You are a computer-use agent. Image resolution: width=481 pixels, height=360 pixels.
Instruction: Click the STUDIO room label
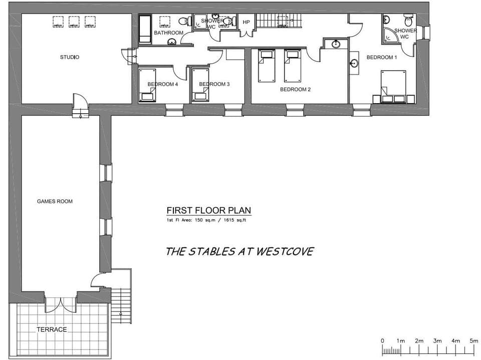[x=70, y=57]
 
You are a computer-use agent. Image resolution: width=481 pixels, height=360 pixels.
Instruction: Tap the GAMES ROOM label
[x=55, y=201]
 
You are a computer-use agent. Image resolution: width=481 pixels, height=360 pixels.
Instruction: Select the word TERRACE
[x=51, y=329]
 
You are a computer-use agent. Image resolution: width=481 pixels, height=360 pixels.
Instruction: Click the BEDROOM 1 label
[x=382, y=57]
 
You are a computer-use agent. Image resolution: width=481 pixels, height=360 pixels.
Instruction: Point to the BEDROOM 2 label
[x=295, y=90]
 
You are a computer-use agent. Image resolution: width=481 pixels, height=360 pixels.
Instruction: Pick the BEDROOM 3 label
[x=214, y=84]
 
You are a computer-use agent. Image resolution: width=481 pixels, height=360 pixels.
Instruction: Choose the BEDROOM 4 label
[x=162, y=84]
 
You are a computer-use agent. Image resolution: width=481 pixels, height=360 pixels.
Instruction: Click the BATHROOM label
[x=168, y=33]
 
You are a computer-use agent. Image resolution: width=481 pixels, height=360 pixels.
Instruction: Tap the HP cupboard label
[x=246, y=23]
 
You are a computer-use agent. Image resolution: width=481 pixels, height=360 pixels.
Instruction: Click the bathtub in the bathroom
[x=145, y=30]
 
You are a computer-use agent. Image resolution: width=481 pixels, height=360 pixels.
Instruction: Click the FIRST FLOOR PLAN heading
[x=209, y=211]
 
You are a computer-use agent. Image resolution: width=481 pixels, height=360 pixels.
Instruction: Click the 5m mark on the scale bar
[x=474, y=341]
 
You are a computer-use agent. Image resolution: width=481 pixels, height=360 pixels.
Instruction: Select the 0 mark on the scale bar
[x=382, y=341]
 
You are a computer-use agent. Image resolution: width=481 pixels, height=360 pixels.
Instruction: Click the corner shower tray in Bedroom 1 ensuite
[x=389, y=35]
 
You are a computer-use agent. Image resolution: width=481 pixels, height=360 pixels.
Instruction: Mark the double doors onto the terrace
[x=61, y=303]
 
